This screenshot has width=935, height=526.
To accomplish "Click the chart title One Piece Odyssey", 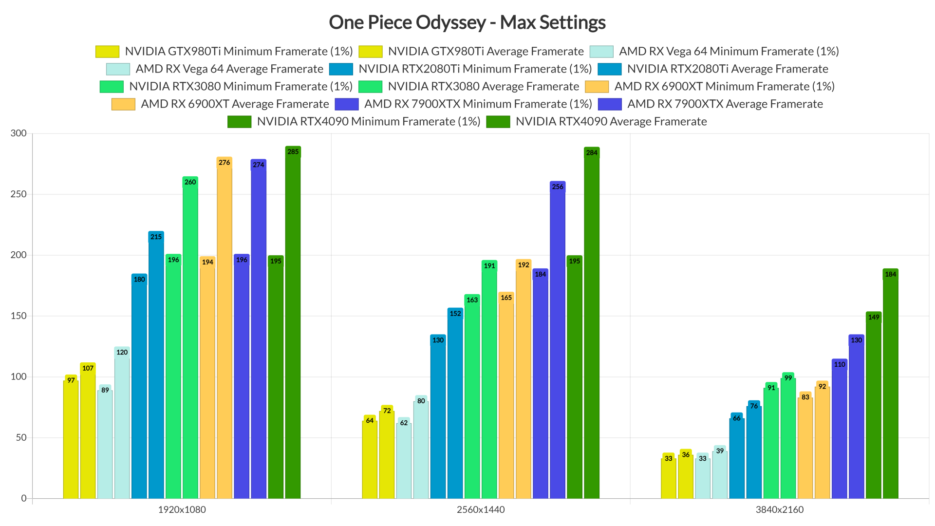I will tap(467, 22).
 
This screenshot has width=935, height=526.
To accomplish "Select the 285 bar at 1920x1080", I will tap(293, 321).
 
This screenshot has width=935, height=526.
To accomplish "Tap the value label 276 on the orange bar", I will tap(224, 163).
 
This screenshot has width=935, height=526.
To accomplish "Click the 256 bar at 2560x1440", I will tap(558, 341).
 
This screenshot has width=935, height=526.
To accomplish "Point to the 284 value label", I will tap(592, 153).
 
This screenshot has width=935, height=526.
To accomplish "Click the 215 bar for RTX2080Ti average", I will tap(156, 365).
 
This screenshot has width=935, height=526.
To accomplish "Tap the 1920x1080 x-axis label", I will tap(182, 510).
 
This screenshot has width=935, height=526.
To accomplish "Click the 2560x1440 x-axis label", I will tap(481, 510).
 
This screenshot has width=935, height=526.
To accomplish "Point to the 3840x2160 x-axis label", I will tap(780, 510).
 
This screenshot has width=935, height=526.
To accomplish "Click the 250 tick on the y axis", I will tap(19, 194).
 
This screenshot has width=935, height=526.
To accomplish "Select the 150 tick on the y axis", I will tap(19, 316).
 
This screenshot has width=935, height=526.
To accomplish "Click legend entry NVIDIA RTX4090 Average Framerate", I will tap(611, 122).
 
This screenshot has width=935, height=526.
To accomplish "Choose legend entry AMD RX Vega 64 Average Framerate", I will tap(229, 69).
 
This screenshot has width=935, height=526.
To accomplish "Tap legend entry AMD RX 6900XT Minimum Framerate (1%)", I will tap(724, 87).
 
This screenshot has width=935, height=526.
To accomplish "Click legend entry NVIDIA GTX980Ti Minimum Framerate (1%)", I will tap(239, 52).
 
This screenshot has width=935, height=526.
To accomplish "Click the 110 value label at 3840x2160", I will tap(840, 365).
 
